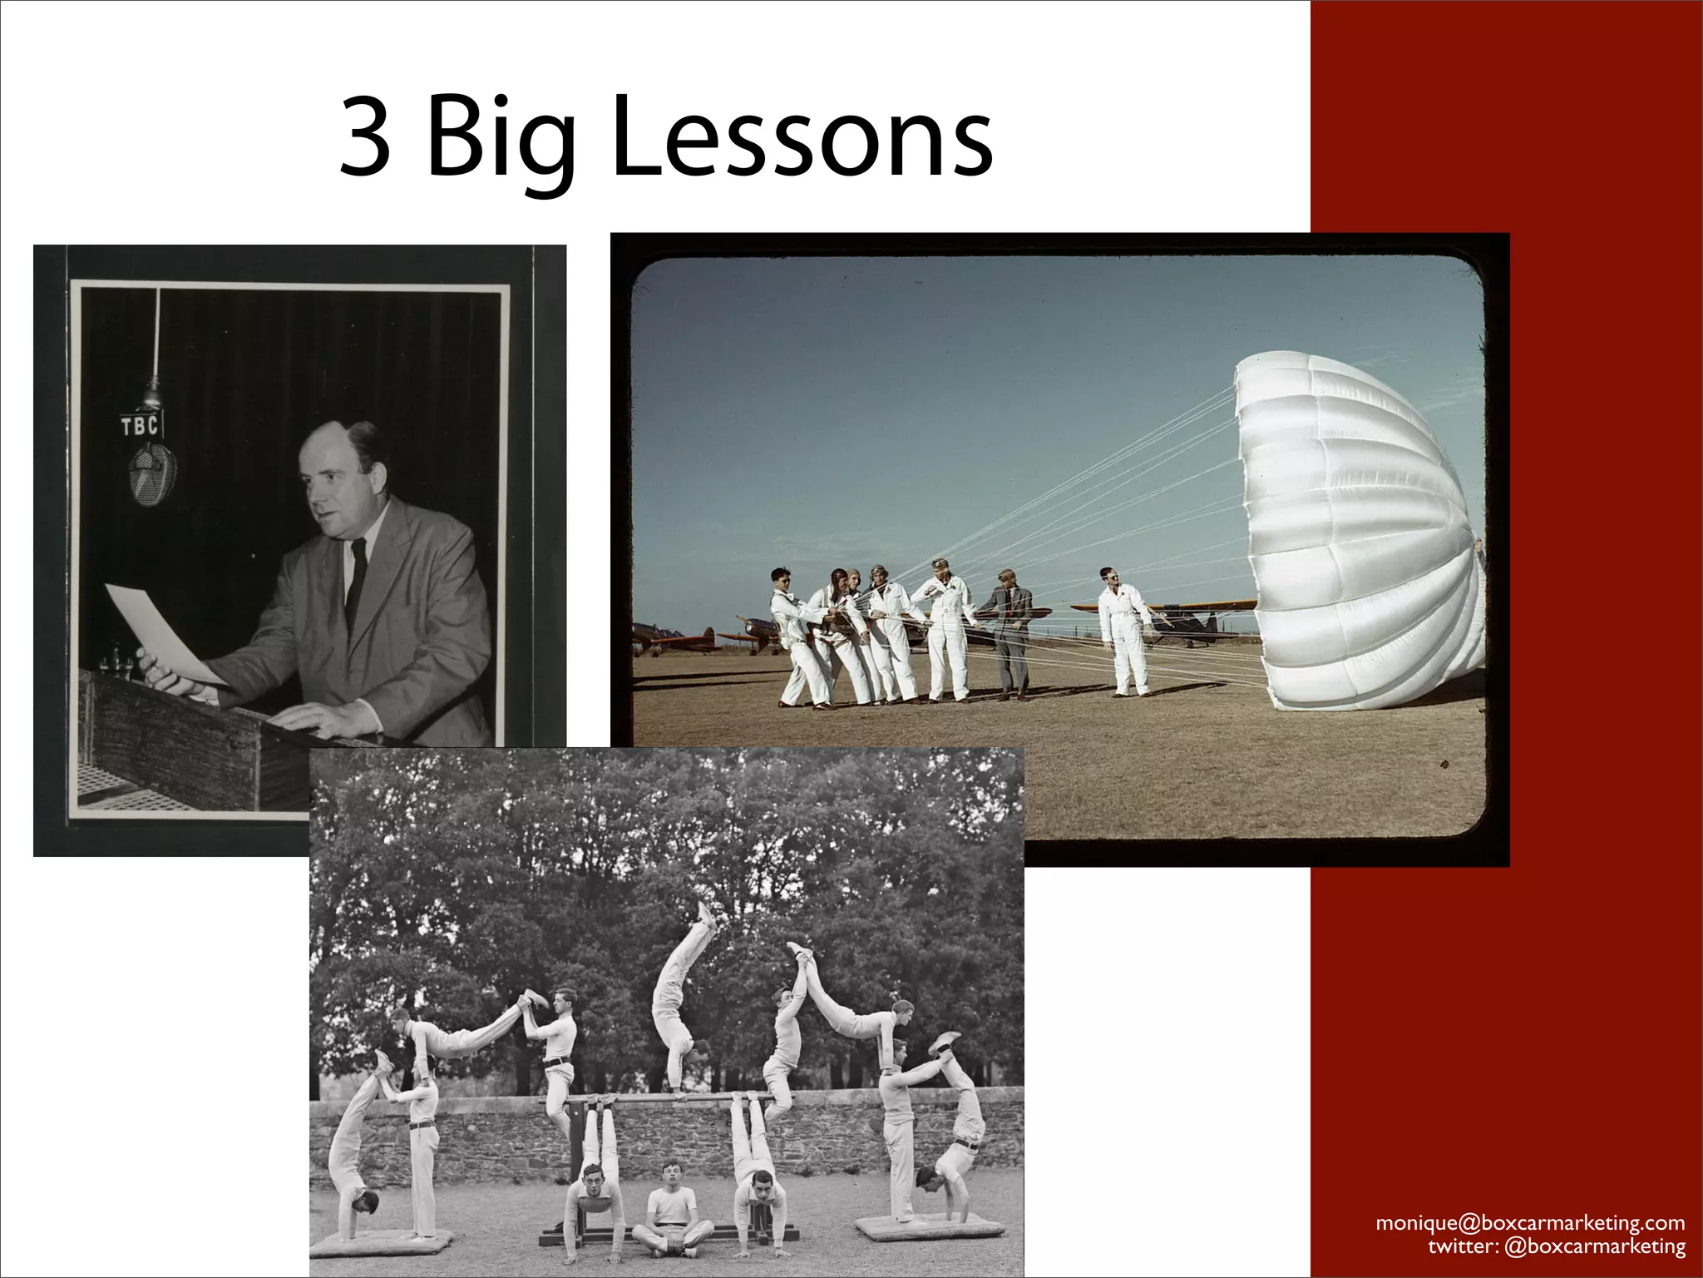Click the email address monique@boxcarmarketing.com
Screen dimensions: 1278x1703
click(1530, 1223)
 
